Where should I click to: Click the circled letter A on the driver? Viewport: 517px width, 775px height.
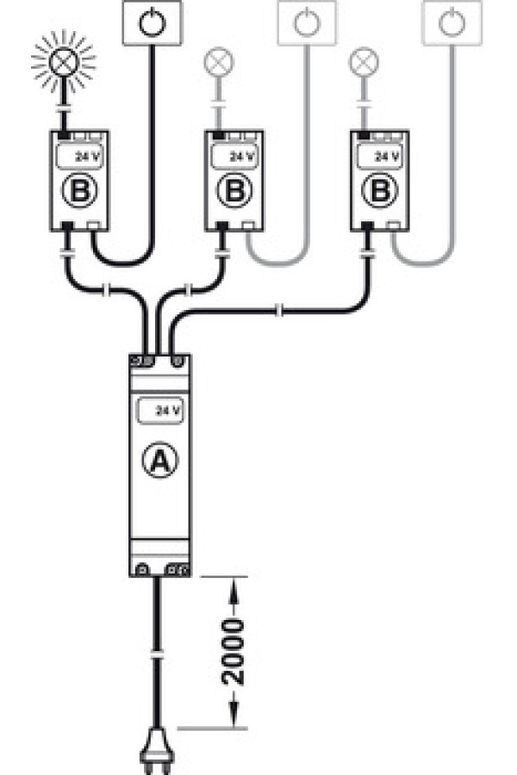[x=159, y=460]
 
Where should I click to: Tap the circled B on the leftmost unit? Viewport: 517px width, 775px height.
[x=79, y=191]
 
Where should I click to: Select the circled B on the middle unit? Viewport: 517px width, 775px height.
[x=234, y=191]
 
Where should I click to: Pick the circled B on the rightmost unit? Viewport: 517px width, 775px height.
[x=379, y=191]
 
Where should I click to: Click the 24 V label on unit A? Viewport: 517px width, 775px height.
[x=168, y=410]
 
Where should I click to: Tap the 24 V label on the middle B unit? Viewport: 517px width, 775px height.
[x=242, y=158]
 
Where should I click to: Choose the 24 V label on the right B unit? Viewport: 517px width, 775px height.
[x=388, y=158]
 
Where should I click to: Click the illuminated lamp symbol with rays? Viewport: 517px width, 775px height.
[x=63, y=61]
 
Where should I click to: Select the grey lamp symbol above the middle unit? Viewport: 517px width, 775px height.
[x=218, y=62]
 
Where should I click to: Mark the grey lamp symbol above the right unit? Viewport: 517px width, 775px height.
[x=364, y=62]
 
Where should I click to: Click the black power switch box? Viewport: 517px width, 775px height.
[x=152, y=22]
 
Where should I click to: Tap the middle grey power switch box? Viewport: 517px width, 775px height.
[x=308, y=22]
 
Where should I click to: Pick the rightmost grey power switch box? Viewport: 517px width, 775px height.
[x=452, y=22]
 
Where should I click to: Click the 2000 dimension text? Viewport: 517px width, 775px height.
[x=233, y=652]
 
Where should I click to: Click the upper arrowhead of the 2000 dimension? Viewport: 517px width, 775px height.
[x=233, y=589]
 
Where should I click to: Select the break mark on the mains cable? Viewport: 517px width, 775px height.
[x=157, y=656]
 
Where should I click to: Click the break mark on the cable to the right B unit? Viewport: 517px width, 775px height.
[x=279, y=311]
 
